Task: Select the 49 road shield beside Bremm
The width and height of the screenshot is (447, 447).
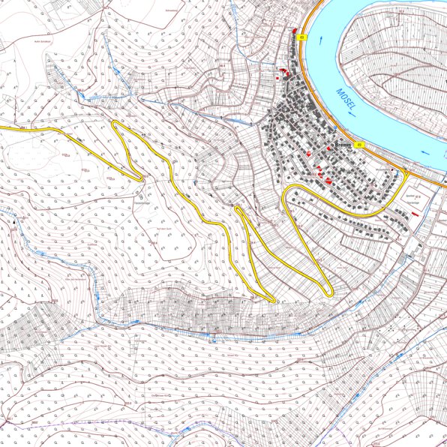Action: (360, 144)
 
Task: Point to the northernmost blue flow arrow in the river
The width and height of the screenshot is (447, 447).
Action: (322, 40)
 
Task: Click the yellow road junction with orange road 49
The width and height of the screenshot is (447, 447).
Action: (406, 172)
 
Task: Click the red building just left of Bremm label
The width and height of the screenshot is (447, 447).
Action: (328, 148)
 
